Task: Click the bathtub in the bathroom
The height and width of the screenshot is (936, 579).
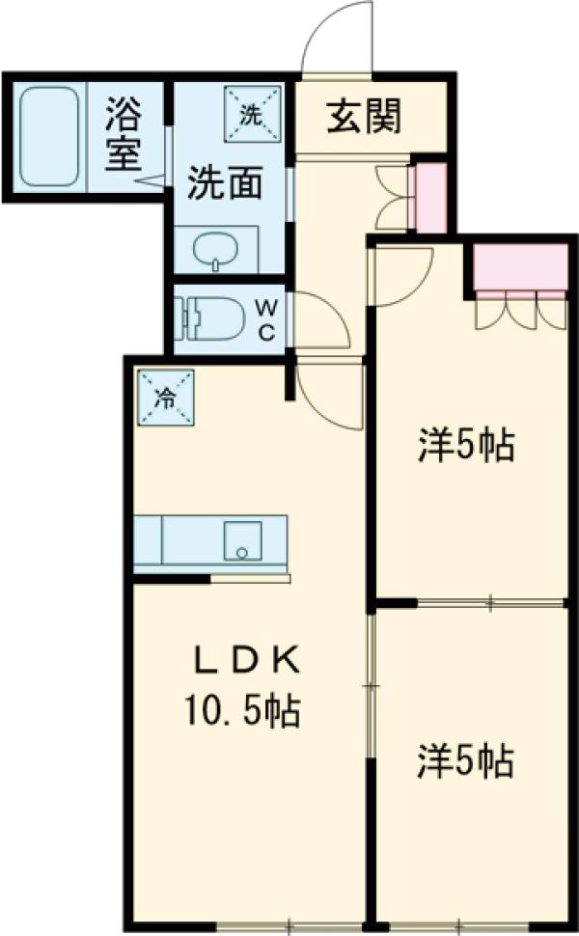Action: click(49, 136)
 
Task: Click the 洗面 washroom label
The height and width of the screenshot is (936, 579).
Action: click(224, 182)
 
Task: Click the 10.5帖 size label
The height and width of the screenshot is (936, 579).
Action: click(242, 713)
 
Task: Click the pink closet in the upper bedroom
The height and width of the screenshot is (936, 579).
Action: click(520, 267)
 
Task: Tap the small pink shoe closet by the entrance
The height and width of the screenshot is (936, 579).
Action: click(429, 198)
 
